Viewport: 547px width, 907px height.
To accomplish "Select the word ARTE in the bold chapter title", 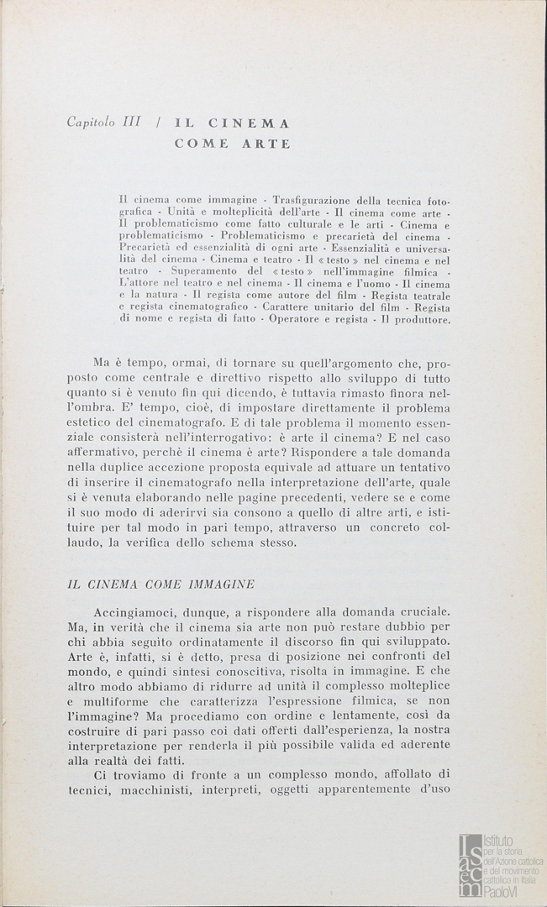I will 262,144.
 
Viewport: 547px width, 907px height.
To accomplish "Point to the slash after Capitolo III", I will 158,123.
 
